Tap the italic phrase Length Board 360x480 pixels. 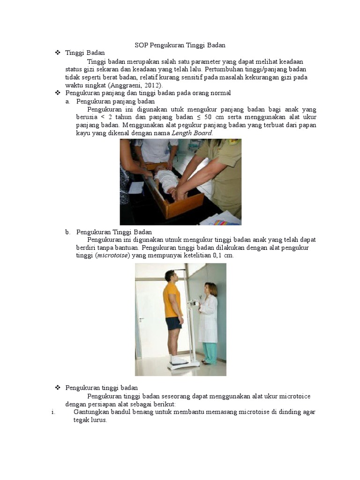pyautogui.click(x=192, y=133)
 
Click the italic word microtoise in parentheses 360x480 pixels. pyautogui.click(x=112, y=256)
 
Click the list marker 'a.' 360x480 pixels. pyautogui.click(x=67, y=101)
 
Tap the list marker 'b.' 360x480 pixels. pyautogui.click(x=67, y=232)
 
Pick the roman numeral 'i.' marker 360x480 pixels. pyautogui.click(x=53, y=412)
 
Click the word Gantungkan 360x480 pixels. pyautogui.click(x=92, y=412)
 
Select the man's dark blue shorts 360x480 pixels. pyautogui.click(x=174, y=323)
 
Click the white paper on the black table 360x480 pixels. pyautogui.click(x=135, y=188)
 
